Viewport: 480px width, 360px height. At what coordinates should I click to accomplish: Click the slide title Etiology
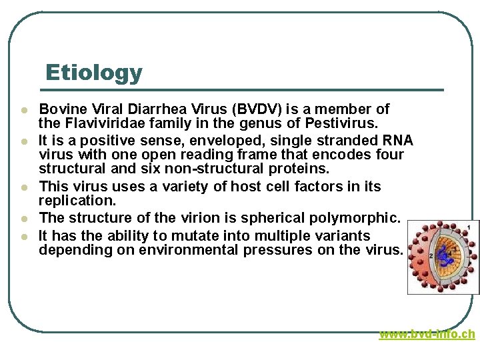click(x=93, y=72)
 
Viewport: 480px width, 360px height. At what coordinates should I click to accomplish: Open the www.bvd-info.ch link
click(x=427, y=334)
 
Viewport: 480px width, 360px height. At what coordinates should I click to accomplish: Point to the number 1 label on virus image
click(x=469, y=228)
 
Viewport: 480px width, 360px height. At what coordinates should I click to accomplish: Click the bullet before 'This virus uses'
click(x=24, y=187)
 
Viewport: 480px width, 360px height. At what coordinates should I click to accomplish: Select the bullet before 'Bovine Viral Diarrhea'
click(x=24, y=109)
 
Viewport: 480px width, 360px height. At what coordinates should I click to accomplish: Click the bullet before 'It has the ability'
click(x=24, y=236)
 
